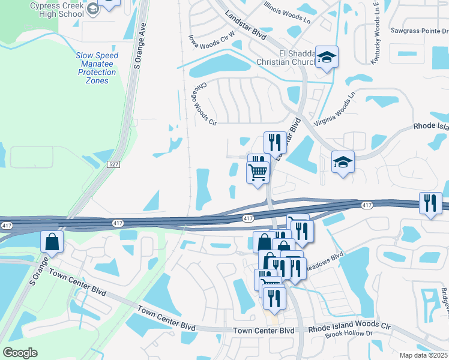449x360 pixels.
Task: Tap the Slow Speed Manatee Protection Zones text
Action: coord(97,68)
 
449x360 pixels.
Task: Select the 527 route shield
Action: coord(113,164)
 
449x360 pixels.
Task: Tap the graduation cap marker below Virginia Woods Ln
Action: coord(343,163)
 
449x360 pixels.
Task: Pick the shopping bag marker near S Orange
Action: coord(52,242)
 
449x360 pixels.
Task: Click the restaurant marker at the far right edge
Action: coord(430,204)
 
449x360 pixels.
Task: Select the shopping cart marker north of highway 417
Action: coord(258,173)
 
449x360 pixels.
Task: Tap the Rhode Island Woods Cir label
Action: coord(349,328)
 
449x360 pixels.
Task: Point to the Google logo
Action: coord(20,352)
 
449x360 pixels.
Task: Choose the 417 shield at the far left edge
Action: coord(7,226)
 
